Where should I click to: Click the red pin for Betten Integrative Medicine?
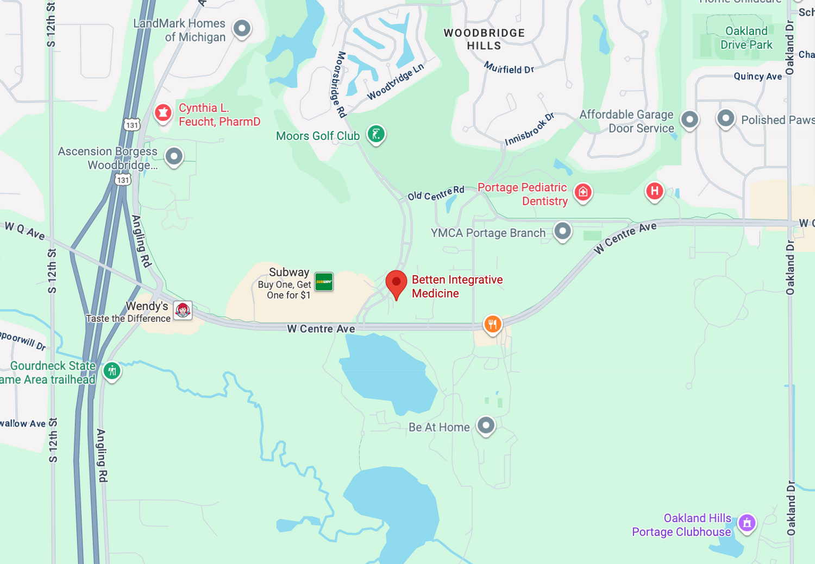coord(396,283)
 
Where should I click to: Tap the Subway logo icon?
coord(324,282)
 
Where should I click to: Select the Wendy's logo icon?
coord(183,310)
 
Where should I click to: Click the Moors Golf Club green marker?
coord(376,134)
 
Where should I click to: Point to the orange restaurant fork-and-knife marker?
coord(492,325)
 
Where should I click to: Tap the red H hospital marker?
coord(655,191)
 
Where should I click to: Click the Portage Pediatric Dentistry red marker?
coord(583,192)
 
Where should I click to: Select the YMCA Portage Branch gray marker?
coord(562,231)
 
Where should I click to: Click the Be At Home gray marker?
coord(486,425)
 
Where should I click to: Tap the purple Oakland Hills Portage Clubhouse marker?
coord(747,523)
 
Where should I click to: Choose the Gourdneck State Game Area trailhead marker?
coord(112,371)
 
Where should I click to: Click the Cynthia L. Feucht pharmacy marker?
coord(163,113)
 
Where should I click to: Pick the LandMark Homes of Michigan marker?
coord(242,28)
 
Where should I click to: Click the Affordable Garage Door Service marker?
coord(689,119)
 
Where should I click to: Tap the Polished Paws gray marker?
coord(726,118)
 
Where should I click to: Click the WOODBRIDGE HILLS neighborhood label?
coord(484,39)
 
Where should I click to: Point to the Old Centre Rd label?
coord(436,193)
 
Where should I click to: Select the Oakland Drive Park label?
coord(746,38)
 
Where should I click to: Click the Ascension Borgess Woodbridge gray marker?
coord(174,156)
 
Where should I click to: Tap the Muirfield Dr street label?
coord(509,68)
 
